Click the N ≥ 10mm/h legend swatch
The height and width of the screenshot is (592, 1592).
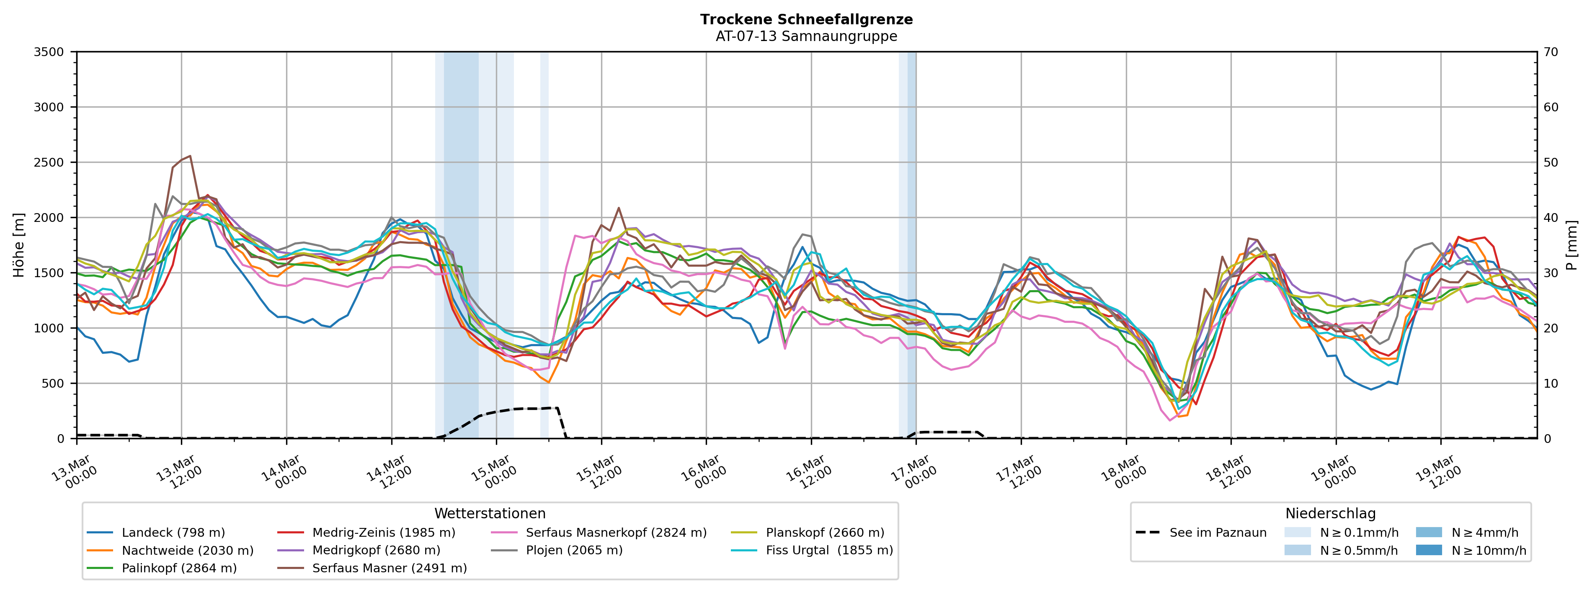[1429, 550]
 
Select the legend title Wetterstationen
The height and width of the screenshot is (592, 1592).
[490, 514]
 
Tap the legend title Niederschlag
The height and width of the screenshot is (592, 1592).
[1330, 514]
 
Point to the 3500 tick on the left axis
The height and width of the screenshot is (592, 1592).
[49, 52]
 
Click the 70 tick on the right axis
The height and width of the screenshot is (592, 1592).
[1551, 52]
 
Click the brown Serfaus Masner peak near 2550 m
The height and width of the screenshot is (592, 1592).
[190, 156]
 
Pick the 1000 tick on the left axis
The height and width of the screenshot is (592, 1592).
[49, 328]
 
